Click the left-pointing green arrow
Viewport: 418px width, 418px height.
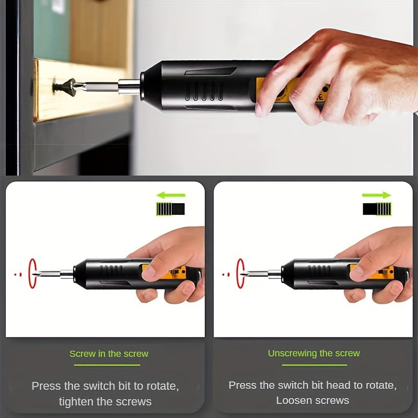[171, 195]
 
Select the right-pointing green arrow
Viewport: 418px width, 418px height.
[377, 195]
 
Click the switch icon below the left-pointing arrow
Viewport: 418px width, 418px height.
[171, 210]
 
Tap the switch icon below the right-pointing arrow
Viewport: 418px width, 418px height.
[377, 210]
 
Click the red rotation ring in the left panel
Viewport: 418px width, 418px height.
[33, 273]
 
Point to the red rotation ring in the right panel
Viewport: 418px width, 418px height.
[240, 273]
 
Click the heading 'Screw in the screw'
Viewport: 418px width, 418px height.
[109, 354]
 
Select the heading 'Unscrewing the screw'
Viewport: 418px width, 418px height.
[313, 353]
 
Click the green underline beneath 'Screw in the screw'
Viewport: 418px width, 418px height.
[109, 365]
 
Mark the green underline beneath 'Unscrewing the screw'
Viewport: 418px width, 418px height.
[313, 365]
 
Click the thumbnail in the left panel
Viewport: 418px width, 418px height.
[149, 271]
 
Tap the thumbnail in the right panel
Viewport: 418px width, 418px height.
[357, 271]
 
